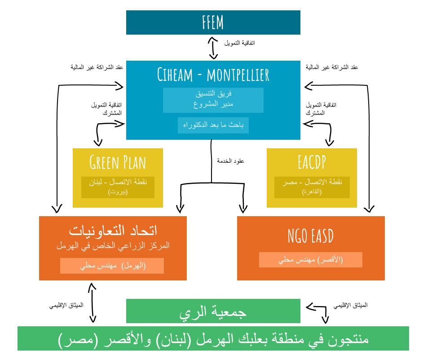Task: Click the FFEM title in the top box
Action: point(213,22)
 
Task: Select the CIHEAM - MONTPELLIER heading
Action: point(213,75)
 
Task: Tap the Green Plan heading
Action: point(118,162)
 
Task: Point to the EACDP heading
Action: point(311,162)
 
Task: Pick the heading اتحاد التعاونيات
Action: point(113,231)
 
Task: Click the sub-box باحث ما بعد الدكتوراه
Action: point(213,125)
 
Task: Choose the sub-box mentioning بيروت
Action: point(118,187)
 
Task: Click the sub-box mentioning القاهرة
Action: point(312,187)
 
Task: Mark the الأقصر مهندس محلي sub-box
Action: point(311,260)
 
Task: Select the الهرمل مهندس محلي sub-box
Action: point(112,266)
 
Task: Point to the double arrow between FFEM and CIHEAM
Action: point(213,48)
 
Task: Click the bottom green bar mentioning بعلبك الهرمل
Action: point(213,339)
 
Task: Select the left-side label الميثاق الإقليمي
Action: point(66,306)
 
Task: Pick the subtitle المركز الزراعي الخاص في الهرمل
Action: point(113,246)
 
